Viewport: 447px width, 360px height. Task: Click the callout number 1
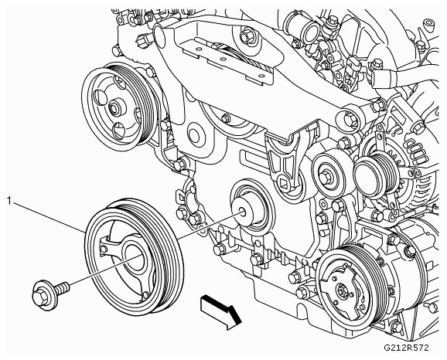point(9,202)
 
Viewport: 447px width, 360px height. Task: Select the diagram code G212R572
point(406,348)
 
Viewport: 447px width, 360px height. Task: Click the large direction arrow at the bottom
point(220,311)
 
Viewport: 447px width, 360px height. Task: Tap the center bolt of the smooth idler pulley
point(326,178)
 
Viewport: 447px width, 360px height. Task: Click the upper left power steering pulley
point(120,107)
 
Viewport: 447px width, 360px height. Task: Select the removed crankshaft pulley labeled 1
point(134,257)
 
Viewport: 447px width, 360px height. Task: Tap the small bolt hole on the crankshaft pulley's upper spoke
point(104,249)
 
